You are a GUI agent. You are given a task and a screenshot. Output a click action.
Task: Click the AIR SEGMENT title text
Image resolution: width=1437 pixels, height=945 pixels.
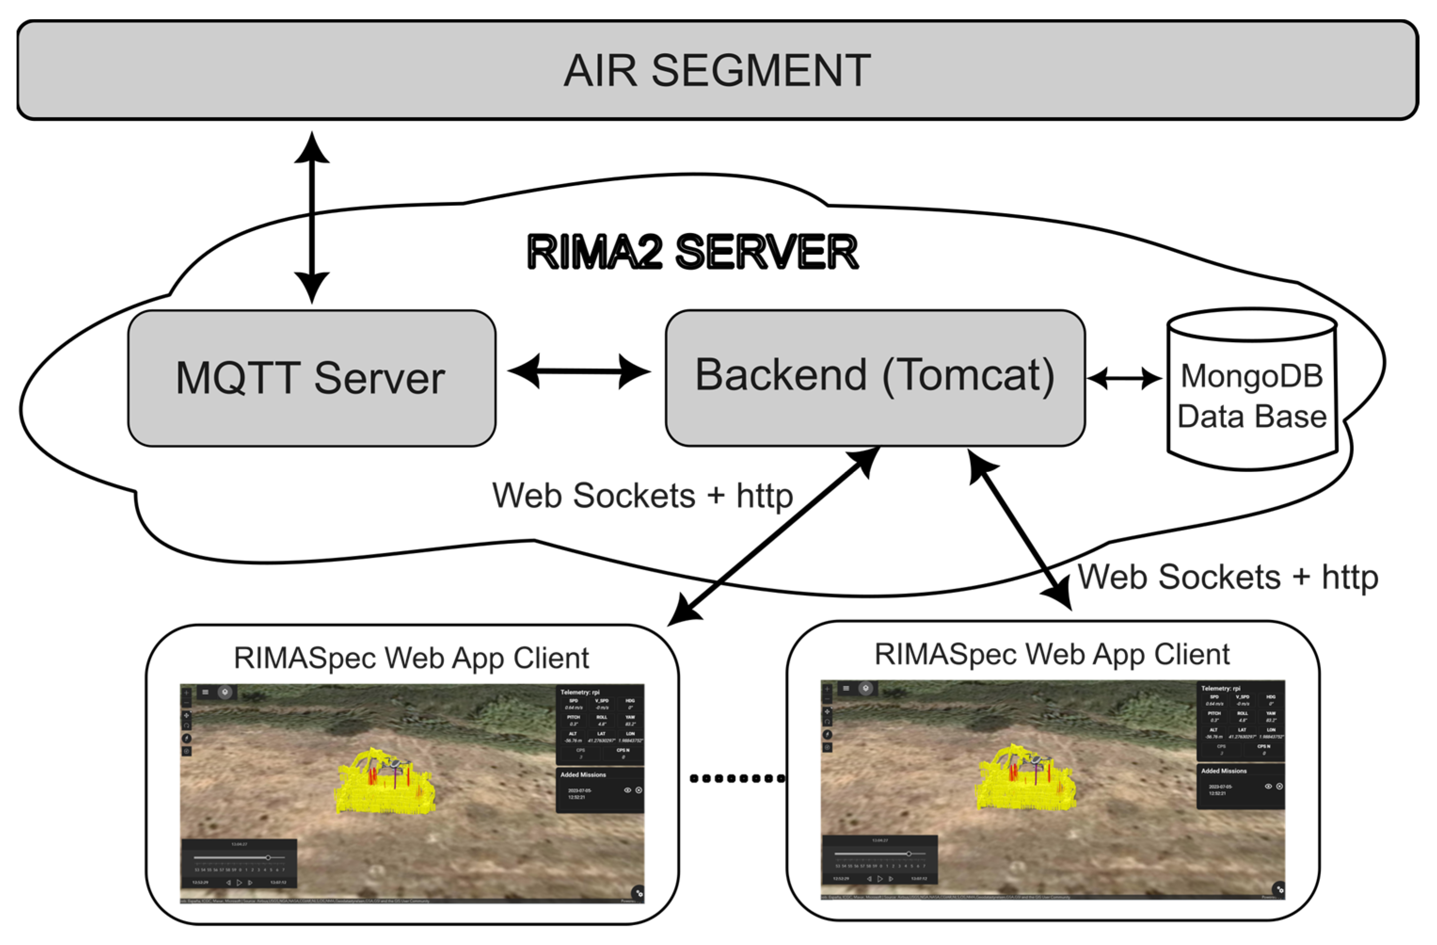pyautogui.click(x=717, y=71)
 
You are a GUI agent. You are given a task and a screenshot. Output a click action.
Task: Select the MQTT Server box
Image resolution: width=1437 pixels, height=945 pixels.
pyautogui.click(x=311, y=378)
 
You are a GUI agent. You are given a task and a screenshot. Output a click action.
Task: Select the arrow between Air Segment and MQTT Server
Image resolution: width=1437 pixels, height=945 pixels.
pyautogui.click(x=311, y=217)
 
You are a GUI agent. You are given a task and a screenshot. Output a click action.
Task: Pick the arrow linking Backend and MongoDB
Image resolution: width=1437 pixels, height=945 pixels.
pyautogui.click(x=1124, y=379)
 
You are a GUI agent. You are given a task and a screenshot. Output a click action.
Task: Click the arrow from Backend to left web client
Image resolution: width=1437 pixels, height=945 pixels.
pyautogui.click(x=776, y=535)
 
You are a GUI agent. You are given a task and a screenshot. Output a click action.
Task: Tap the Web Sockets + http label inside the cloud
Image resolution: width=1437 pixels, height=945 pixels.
pyautogui.click(x=643, y=496)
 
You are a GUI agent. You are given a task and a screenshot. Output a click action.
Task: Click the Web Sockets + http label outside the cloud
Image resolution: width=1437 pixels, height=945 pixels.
pyautogui.click(x=1228, y=577)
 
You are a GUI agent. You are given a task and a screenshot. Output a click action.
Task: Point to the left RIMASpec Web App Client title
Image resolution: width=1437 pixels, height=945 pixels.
pyautogui.click(x=411, y=658)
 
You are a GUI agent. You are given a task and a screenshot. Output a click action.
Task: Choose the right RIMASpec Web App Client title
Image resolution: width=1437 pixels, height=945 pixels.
pyautogui.click(x=1052, y=654)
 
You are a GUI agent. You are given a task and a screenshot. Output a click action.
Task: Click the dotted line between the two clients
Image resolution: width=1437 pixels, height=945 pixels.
pyautogui.click(x=737, y=778)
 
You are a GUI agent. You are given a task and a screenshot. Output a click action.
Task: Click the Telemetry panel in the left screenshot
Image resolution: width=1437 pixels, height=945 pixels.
pyautogui.click(x=600, y=724)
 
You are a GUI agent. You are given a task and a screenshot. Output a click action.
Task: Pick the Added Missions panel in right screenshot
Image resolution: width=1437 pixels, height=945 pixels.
pyautogui.click(x=1241, y=786)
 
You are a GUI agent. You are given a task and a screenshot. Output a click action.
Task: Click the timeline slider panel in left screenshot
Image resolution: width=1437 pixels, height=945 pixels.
pyautogui.click(x=239, y=864)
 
